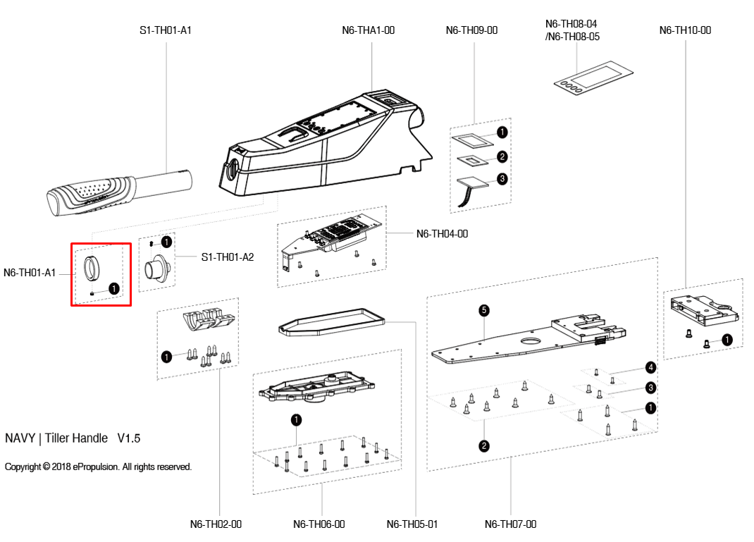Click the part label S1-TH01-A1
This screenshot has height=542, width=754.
pos(166,30)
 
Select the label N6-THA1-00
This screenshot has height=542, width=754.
pos(368,30)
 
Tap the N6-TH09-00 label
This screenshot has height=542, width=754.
pos(471,30)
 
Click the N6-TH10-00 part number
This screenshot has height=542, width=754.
pos(685,30)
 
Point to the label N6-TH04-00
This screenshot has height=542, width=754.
pos(442,234)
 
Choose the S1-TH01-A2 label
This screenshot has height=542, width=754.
pos(227,257)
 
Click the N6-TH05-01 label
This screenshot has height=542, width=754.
pos(412,524)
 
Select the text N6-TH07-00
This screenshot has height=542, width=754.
pos(510,524)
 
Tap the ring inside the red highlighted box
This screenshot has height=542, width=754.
pos(92,268)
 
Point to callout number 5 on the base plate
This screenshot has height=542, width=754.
pos(483,309)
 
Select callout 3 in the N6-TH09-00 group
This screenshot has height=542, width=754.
pos(502,179)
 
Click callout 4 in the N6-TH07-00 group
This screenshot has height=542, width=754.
pos(650,367)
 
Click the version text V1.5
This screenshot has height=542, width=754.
pos(128,438)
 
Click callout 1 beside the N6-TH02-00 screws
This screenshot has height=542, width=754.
pos(166,357)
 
